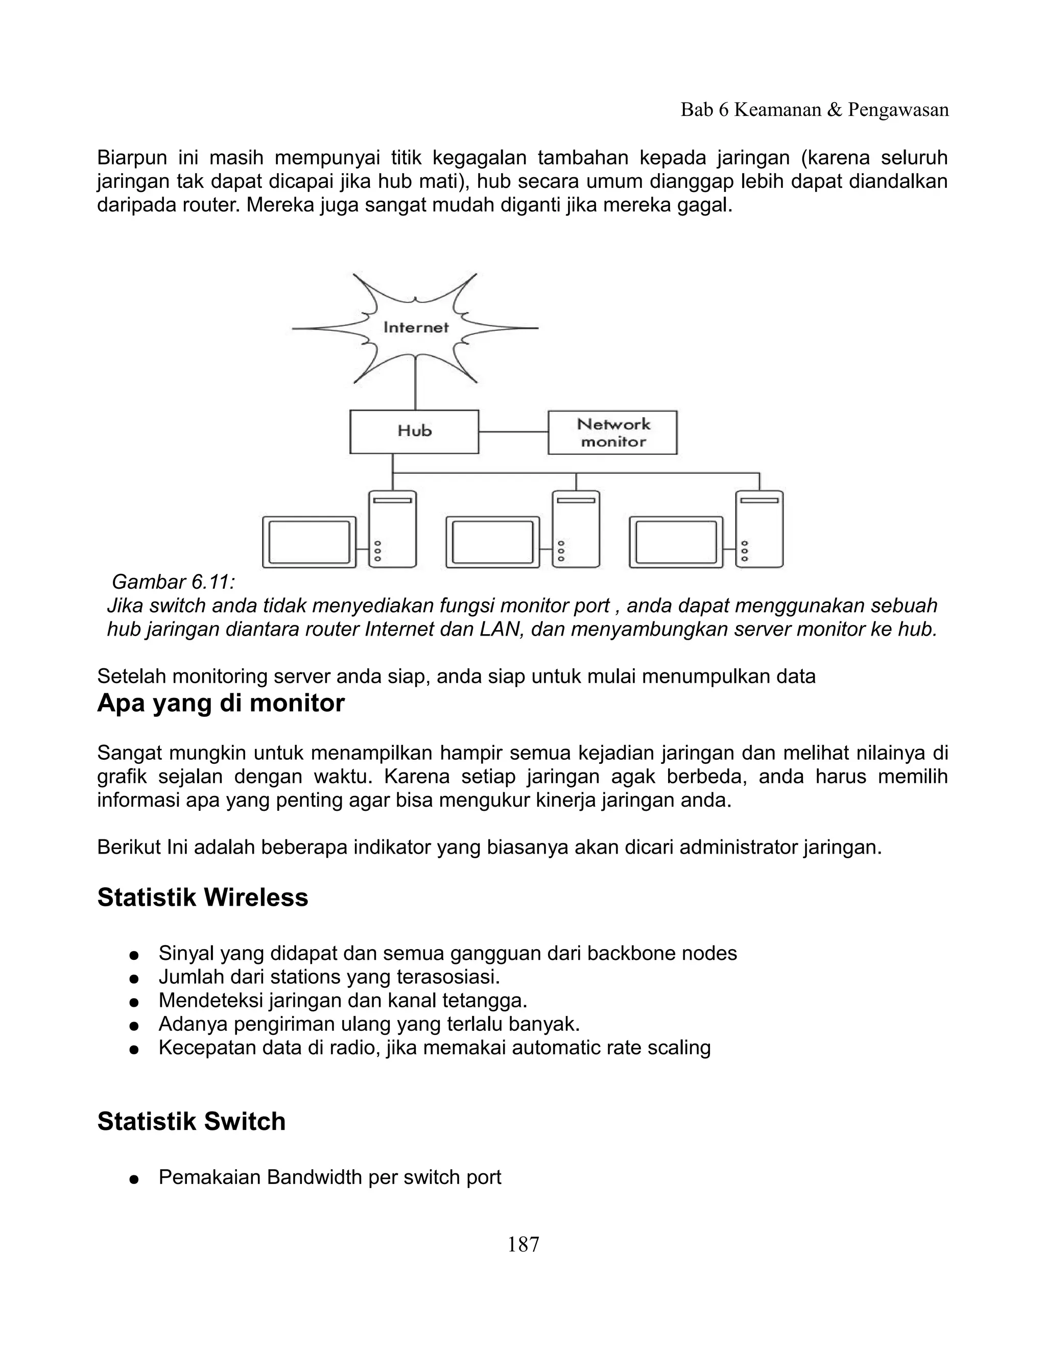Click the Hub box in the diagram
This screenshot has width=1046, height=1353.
point(414,432)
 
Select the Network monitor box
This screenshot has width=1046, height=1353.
point(612,432)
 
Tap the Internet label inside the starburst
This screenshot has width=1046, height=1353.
point(416,327)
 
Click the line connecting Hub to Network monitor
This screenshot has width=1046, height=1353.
point(513,432)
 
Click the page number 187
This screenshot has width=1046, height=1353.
point(524,1245)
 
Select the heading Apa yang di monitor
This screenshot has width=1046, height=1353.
point(221,703)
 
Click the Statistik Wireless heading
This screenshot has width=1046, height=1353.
point(203,897)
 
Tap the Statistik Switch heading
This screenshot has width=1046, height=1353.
point(192,1121)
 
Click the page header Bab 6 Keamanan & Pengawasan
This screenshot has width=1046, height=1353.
point(814,110)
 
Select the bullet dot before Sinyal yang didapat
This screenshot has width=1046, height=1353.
point(133,955)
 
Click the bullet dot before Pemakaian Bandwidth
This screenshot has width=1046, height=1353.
point(133,1179)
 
